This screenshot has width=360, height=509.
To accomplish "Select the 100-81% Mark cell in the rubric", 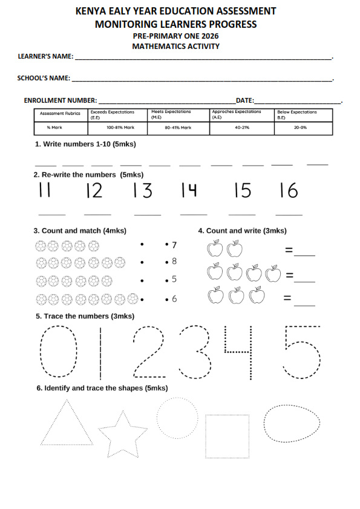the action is tap(120, 128).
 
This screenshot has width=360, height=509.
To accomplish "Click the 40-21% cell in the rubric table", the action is tap(242, 128).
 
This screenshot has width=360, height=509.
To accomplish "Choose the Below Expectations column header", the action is tap(304, 115).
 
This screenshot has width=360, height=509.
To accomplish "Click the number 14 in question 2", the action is tap(189, 190).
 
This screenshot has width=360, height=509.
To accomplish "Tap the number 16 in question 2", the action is tap(289, 190).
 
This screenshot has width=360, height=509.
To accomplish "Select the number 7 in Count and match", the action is tap(174, 245).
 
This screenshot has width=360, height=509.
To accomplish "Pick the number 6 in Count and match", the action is tap(174, 299).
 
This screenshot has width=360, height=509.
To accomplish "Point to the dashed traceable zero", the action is tap(41, 352).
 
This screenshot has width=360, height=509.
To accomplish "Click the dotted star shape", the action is tap(123, 412).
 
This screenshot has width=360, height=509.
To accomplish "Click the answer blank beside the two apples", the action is tap(304, 256).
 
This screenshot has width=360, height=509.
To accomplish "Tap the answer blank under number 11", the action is tap(52, 215).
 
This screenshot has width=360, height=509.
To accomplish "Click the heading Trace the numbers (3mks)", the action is tap(85, 316).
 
